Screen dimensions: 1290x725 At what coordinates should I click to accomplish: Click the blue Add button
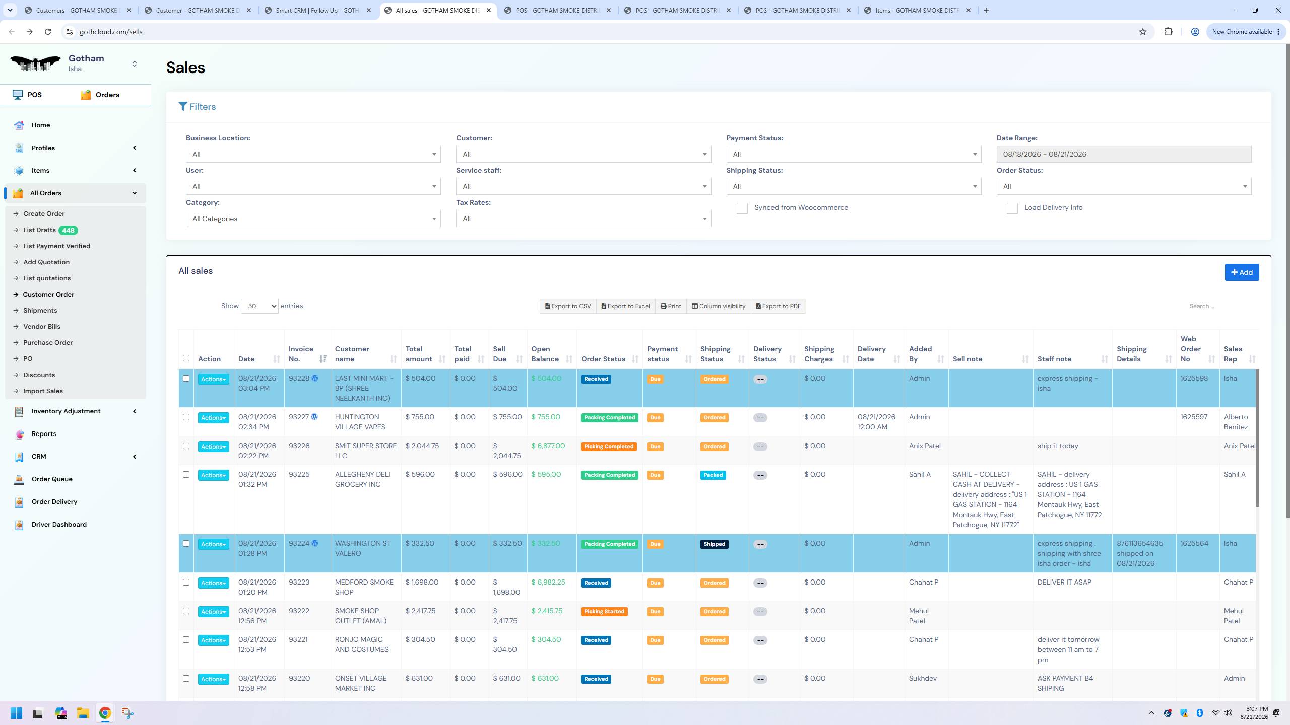coord(1242,272)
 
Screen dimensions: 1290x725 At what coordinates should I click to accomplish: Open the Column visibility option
coord(719,306)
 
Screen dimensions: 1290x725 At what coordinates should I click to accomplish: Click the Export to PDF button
coord(779,306)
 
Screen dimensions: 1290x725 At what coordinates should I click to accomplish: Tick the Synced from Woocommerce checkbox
coord(742,208)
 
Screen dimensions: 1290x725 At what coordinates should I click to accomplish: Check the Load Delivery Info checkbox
coord(1012,208)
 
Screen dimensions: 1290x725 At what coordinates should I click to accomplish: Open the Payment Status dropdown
coord(854,154)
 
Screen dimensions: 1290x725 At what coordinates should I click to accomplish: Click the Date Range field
coord(1124,154)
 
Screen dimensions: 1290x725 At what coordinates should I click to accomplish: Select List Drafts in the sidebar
coord(39,230)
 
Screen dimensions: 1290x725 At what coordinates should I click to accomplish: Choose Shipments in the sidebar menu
coord(40,311)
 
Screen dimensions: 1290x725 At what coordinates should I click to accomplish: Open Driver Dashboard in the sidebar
coord(59,525)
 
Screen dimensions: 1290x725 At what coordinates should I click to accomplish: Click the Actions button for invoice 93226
coord(213,447)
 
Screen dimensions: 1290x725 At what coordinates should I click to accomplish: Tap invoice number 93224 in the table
coord(299,544)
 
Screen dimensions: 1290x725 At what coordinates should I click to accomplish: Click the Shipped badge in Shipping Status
coord(714,544)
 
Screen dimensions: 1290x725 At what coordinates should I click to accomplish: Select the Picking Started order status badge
coord(604,612)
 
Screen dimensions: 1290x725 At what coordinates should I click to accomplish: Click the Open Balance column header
coord(545,354)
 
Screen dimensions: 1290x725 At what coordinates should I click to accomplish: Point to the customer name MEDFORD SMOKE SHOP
coord(364,587)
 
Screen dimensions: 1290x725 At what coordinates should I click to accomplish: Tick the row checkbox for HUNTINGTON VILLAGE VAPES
coord(186,417)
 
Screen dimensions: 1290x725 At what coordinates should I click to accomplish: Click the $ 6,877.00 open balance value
coord(548,446)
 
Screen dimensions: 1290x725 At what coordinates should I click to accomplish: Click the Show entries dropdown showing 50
coord(260,306)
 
